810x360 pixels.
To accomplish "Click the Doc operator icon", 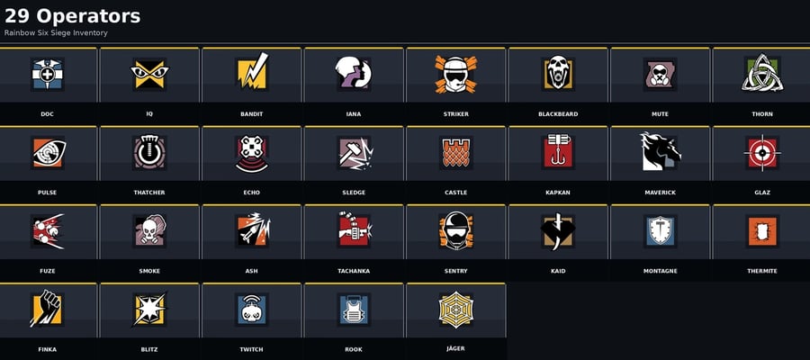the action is [x=47, y=75].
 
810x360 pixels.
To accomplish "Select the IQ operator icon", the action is [x=149, y=75].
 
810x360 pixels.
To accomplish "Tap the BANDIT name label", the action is [x=252, y=114].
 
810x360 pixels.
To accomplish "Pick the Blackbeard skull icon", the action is [x=558, y=73].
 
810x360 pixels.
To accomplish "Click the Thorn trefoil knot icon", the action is [x=762, y=73].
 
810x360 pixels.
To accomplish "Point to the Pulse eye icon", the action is [x=48, y=153].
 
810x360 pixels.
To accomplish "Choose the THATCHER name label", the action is [x=149, y=193].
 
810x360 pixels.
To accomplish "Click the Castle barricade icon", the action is [x=456, y=153].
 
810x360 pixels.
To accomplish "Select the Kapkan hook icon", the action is [x=558, y=152].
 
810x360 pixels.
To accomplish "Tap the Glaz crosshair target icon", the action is [x=762, y=153].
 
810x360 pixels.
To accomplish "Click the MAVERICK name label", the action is [x=661, y=193].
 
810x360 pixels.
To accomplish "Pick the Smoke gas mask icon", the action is [x=149, y=230].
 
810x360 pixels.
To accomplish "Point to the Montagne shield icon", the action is [x=661, y=231].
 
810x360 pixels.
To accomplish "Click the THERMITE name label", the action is [x=762, y=271].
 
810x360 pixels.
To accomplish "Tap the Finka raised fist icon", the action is [x=47, y=309].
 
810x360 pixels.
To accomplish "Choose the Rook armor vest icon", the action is [x=354, y=310].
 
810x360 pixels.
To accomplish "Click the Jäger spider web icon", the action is [x=456, y=309].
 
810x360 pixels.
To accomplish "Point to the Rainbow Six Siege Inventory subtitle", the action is [x=56, y=33].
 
